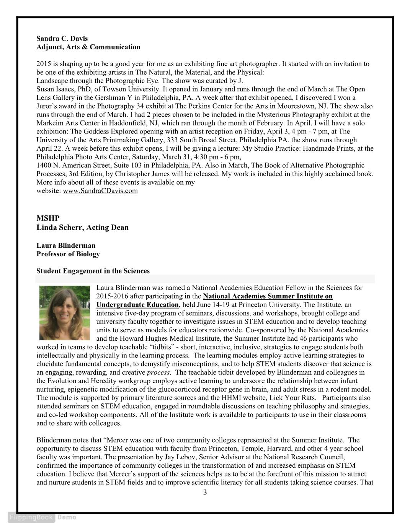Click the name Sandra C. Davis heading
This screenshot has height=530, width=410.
coord(62,39)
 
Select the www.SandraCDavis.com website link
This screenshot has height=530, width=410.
coord(100,191)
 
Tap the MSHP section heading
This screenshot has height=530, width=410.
coord(48,218)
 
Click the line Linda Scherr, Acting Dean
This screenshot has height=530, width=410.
coord(82,228)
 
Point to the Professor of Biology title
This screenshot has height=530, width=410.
coord(68,254)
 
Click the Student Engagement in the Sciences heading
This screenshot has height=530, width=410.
coord(93,271)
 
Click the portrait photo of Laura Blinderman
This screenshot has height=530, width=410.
coord(64,312)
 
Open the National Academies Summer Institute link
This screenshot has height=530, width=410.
coord(268,296)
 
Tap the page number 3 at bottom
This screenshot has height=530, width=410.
coord(205,493)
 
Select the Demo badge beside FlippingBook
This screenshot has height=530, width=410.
coord(67,517)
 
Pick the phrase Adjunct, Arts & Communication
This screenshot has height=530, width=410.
coord(88,47)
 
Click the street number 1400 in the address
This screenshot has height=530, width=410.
coord(44,166)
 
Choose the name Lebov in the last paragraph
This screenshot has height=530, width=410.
coord(183,457)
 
